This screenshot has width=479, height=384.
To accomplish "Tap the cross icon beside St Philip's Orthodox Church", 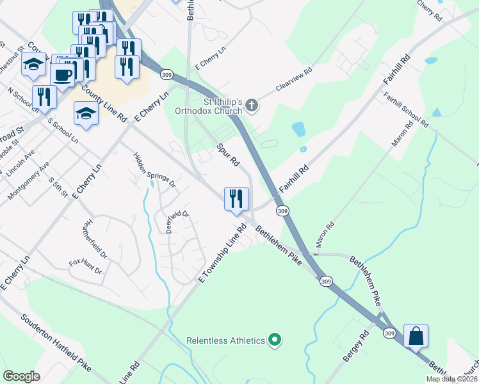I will [252, 106].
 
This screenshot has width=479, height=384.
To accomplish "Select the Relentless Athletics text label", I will [226, 340].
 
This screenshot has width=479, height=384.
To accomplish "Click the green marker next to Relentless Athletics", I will [275, 340].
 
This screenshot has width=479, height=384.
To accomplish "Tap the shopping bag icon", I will [416, 335].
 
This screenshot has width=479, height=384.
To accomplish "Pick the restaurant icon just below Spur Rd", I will [236, 198].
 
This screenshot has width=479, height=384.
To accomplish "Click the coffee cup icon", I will [63, 74].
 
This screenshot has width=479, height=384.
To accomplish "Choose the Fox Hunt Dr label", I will [86, 266].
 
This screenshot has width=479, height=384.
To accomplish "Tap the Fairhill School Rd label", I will [405, 109].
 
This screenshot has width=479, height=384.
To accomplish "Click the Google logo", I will [21, 376].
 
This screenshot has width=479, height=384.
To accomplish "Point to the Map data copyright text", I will [451, 379].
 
